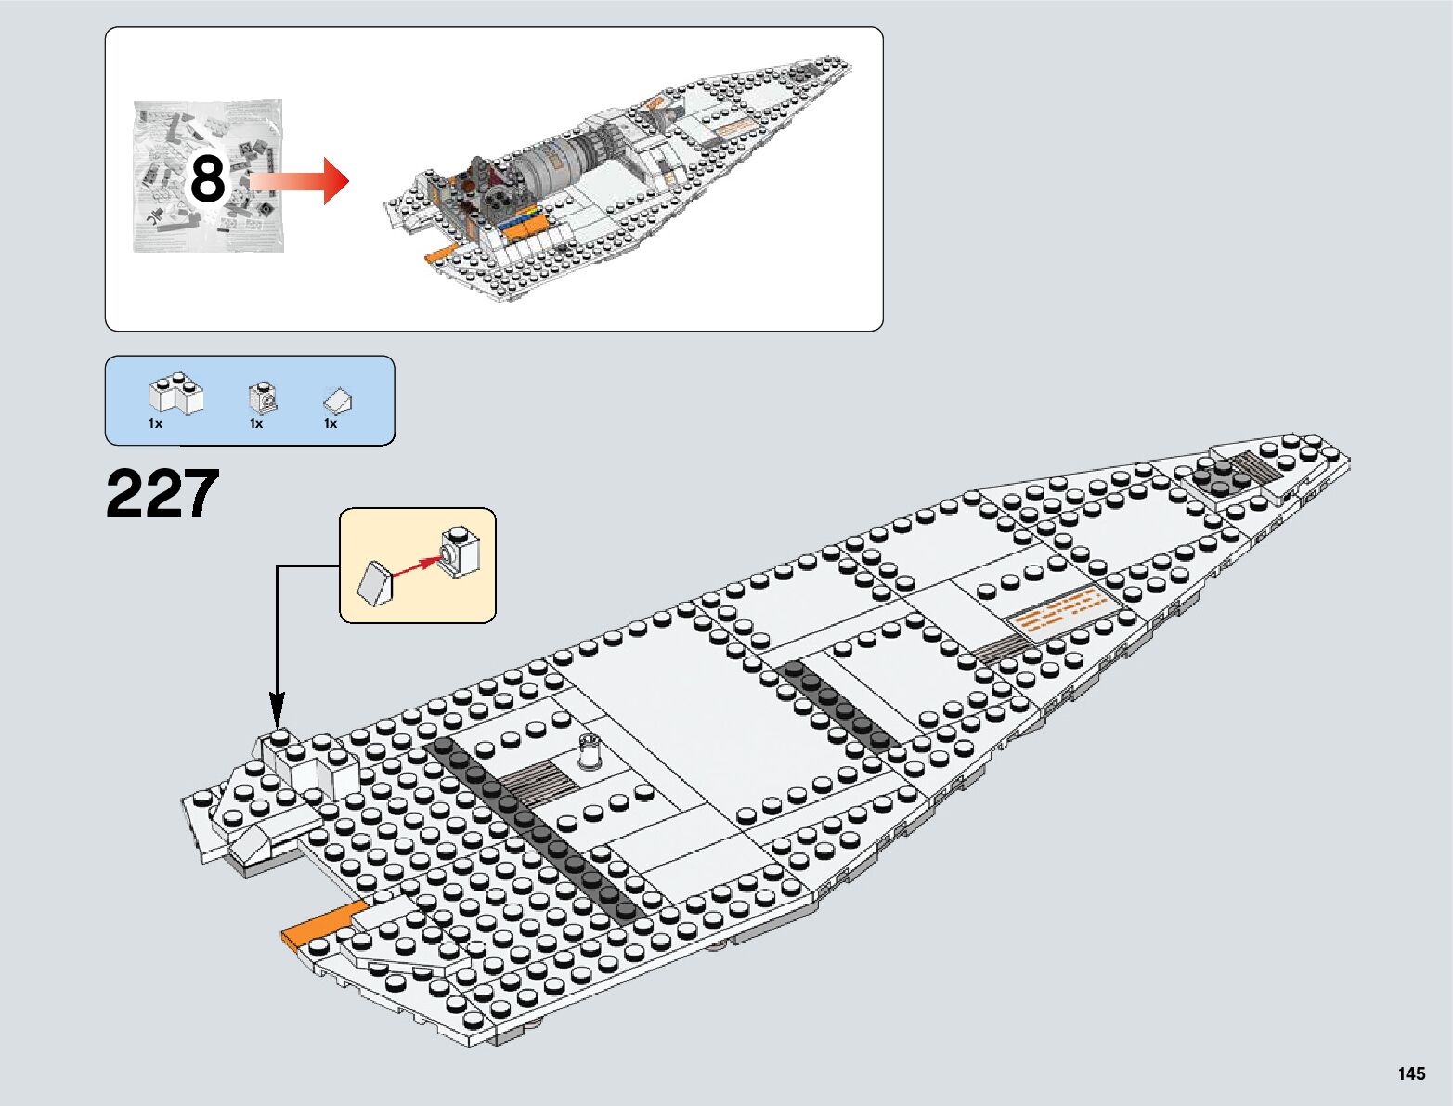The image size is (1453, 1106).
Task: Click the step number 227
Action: pos(162,494)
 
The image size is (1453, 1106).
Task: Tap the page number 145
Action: pos(1410,1074)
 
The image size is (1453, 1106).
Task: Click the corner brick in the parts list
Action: pos(176,394)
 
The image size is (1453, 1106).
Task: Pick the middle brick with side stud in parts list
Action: pos(263,398)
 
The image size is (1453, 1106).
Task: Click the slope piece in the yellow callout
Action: pos(375,583)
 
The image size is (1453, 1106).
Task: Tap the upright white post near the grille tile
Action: pos(589,751)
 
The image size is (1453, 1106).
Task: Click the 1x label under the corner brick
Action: pos(155,423)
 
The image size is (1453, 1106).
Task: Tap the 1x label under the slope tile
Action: pos(331,423)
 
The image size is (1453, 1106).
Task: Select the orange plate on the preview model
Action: pos(437,254)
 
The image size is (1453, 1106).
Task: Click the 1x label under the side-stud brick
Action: pos(256,423)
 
